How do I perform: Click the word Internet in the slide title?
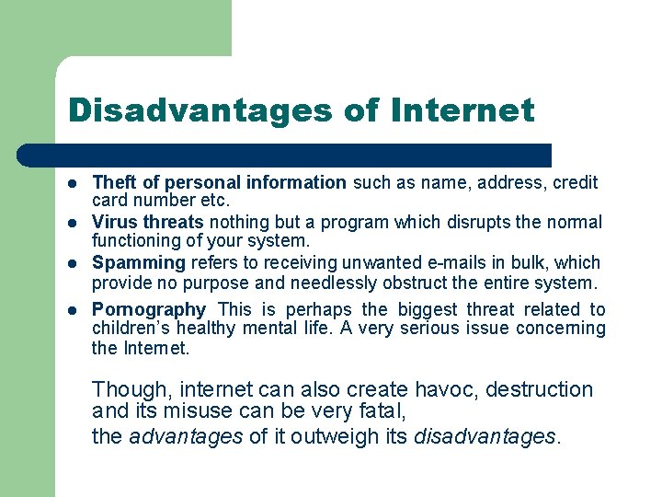[x=462, y=110]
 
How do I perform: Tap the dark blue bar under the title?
[x=303, y=156]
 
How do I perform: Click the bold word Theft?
[x=114, y=182]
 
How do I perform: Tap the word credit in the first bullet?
[x=576, y=182]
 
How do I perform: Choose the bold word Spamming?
[x=138, y=262]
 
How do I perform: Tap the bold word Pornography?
[x=149, y=310]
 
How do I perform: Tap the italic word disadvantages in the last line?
[x=485, y=436]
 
